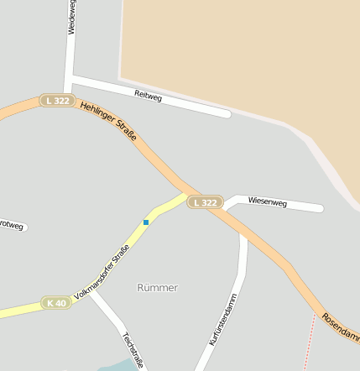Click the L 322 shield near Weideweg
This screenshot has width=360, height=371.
click(57, 101)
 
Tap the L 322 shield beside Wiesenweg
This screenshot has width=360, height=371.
click(204, 202)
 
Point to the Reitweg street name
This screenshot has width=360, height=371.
click(148, 97)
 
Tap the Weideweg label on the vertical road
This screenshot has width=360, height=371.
click(70, 17)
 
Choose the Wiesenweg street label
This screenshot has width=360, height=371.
click(268, 203)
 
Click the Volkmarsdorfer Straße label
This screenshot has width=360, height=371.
click(102, 272)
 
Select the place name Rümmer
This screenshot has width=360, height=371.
click(157, 287)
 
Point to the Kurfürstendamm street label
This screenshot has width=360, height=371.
click(223, 319)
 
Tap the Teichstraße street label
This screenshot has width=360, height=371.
click(130, 348)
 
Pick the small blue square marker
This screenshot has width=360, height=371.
click(146, 222)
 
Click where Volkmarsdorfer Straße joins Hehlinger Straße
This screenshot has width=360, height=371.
click(186, 193)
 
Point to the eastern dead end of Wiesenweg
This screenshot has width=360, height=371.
click(319, 208)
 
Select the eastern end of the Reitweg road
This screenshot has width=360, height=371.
click(227, 112)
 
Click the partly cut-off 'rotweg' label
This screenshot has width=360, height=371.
click(12, 224)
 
